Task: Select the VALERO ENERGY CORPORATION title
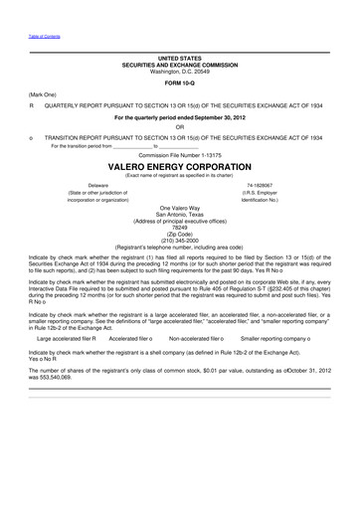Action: [x=179, y=166]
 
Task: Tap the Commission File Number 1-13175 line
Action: [x=179, y=155]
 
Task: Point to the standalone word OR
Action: [x=179, y=126]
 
